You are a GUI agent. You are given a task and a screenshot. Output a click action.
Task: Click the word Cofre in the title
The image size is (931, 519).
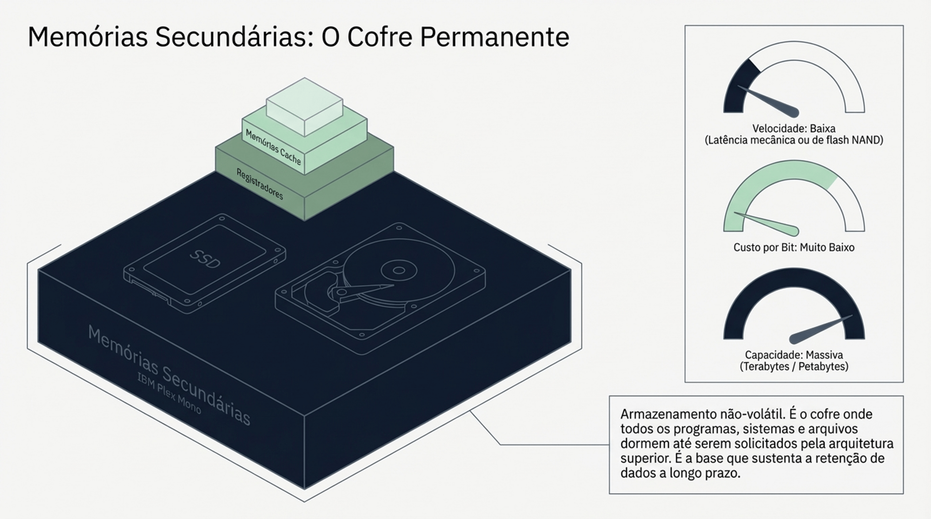pos(379,37)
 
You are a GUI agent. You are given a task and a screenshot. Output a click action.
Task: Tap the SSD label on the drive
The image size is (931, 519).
pos(205,259)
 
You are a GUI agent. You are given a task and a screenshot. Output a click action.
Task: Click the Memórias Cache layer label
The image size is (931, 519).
pos(273,147)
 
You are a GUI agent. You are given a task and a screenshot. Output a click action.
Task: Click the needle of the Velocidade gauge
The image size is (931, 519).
pos(769,101)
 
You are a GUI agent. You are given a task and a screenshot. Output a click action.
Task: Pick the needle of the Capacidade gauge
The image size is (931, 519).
pos(819,329)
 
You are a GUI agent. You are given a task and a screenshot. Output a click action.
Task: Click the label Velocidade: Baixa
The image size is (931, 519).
pos(794,128)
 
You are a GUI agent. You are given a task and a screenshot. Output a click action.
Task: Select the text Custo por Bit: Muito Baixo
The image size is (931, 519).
pos(794,247)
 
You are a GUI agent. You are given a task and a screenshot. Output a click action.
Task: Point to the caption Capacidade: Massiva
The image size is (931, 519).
pos(794,354)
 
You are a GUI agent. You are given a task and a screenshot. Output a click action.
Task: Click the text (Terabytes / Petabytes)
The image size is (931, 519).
pos(794,366)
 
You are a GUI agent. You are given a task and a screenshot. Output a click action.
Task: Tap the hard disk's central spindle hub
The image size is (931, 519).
pos(399,271)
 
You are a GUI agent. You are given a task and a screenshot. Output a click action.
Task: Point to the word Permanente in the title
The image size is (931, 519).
pos(494,37)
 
